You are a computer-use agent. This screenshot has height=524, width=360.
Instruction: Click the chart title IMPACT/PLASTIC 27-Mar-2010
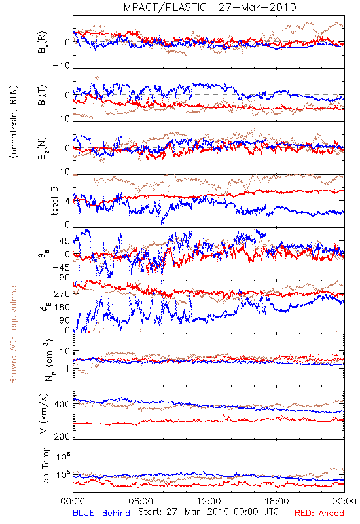pos(208,7)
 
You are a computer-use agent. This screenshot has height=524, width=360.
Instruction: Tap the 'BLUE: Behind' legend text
pos(101,513)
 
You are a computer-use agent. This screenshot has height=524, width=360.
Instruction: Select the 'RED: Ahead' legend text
pos(319,513)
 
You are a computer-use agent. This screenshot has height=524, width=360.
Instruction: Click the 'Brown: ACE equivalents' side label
pos(13,333)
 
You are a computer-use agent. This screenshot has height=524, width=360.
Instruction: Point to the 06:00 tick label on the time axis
pos(141,501)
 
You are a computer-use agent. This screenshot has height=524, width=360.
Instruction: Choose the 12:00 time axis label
pos(209,501)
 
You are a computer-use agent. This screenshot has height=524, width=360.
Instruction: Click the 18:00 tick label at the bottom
pos(277,501)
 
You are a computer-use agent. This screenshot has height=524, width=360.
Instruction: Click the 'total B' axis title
pos(54,200)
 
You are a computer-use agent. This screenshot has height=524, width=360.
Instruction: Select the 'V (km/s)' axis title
pos(44,413)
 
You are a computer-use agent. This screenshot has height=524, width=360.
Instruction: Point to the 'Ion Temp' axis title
pos(45,466)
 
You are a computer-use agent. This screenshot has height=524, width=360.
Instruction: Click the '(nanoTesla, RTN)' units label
pos(14,122)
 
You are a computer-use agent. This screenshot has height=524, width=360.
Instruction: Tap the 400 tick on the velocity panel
pos(62,404)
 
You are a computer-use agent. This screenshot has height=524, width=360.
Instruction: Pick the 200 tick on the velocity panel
pos(62,436)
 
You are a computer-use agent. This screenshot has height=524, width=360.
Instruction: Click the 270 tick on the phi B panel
pos(62,293)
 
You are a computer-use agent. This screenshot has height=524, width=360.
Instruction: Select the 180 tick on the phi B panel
pos(62,307)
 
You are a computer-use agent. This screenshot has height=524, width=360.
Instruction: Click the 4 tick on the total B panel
pos(68,201)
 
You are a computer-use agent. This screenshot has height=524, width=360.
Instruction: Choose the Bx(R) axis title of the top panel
pos(43,42)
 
